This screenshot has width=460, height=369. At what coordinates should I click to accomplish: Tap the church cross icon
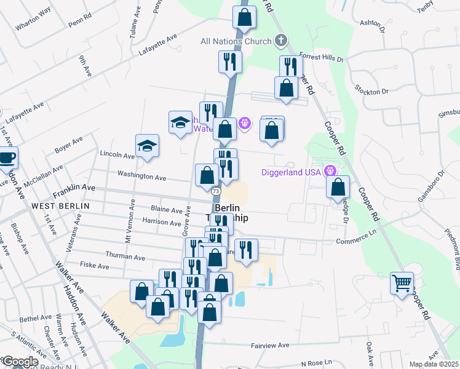(281, 41)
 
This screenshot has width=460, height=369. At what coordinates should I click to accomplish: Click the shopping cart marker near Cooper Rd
(402, 284)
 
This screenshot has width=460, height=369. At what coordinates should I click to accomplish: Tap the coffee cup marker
(7, 157)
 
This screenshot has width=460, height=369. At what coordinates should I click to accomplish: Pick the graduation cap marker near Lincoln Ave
(147, 146)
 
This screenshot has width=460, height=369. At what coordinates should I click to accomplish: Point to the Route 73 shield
(216, 192)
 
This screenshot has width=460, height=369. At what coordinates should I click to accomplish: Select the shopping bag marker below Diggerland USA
(338, 187)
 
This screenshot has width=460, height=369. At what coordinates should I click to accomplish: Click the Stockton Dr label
(372, 89)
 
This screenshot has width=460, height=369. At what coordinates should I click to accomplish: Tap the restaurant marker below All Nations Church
(230, 61)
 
